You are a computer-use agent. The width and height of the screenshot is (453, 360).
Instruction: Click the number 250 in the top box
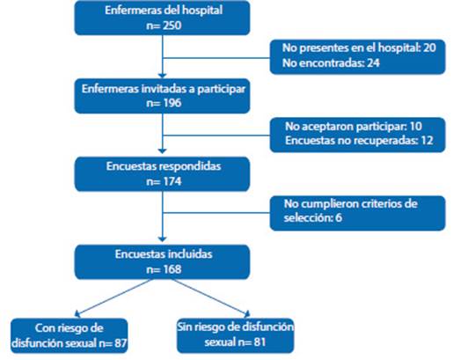click(172, 26)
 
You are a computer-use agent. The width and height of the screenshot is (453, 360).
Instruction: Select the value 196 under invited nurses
click(172, 103)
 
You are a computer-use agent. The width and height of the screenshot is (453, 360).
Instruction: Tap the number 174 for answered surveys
click(172, 181)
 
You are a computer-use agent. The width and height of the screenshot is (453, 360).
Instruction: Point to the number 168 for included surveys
click(172, 269)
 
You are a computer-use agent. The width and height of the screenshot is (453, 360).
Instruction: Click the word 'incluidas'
click(190, 253)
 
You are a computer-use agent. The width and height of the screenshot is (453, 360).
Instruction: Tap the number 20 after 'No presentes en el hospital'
click(429, 48)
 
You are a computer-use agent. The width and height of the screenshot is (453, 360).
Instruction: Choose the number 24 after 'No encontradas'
click(373, 62)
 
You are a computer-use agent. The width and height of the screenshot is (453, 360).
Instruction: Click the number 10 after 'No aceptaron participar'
click(415, 126)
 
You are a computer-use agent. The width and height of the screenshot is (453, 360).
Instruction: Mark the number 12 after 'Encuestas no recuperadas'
click(426, 140)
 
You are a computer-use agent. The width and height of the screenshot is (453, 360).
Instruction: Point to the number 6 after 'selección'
click(339, 218)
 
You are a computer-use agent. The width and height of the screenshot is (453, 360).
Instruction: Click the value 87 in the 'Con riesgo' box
click(121, 342)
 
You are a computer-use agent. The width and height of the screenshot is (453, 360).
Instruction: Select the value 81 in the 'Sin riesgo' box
click(259, 342)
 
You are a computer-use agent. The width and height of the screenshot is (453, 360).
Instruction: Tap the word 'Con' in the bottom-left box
click(43, 328)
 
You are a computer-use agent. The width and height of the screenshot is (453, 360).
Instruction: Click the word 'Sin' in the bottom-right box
click(185, 327)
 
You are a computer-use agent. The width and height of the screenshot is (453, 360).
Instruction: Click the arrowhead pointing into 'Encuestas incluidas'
click(162, 239)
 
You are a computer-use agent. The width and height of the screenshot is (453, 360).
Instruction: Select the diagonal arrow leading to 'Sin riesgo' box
click(210, 298)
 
